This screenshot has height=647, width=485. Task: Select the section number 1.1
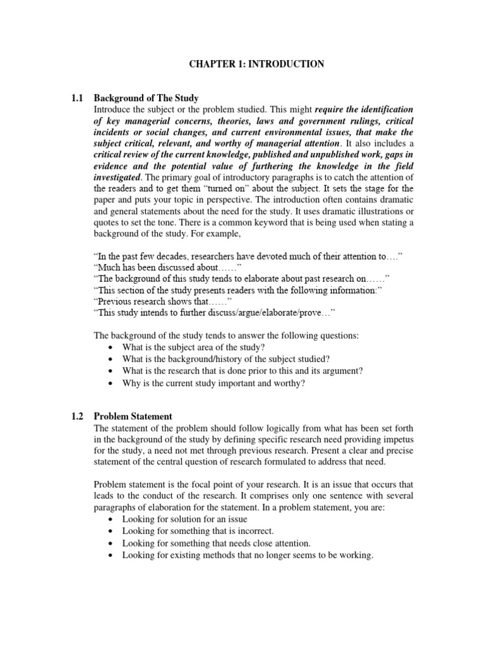point(77,98)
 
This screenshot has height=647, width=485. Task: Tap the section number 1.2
point(77,416)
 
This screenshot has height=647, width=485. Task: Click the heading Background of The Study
point(146,98)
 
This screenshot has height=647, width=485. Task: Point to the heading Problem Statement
point(133,416)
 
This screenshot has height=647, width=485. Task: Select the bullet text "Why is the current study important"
point(213,383)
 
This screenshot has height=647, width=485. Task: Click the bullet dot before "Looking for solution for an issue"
point(111,519)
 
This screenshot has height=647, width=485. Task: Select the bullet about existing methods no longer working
point(248,555)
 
